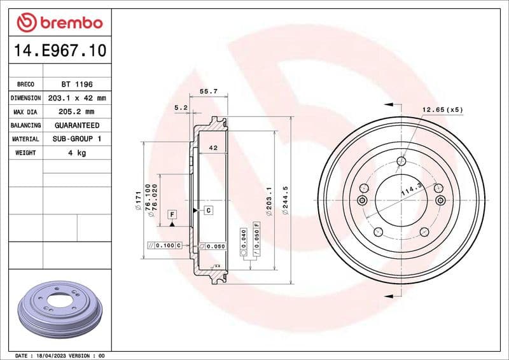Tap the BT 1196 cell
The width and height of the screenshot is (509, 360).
click(77, 84)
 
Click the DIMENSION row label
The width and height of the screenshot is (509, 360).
click(26, 98)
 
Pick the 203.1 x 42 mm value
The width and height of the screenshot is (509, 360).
click(77, 98)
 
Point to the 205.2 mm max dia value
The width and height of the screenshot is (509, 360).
click(77, 112)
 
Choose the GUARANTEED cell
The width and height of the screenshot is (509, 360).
click(77, 125)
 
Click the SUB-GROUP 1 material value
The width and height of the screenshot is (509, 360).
click(77, 139)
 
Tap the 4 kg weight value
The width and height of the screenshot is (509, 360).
click(77, 153)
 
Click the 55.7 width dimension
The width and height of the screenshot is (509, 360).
click(209, 92)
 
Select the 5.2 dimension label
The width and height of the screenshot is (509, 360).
click(180, 108)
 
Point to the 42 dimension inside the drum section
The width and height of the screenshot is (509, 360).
click(213, 148)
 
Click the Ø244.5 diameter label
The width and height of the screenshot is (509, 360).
click(286, 201)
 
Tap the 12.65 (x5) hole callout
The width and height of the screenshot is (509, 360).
click(442, 109)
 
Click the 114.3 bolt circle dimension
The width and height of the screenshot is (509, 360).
click(411, 189)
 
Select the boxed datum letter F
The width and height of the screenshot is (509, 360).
click(172, 215)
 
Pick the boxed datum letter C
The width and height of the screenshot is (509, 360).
click(208, 209)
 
